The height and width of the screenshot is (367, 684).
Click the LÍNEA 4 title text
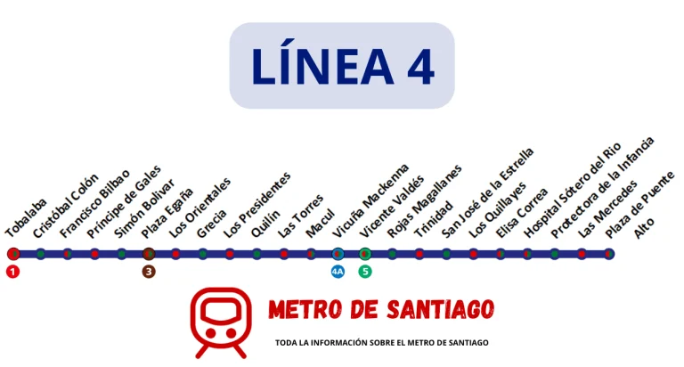pos(342,66)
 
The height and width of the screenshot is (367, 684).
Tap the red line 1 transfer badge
pos(12,272)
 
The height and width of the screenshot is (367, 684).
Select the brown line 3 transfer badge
pos(149,272)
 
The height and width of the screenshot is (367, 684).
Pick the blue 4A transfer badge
pos(338,272)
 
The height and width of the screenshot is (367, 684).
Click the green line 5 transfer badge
pos(365,272)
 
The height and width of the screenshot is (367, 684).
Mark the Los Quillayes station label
pos(500,209)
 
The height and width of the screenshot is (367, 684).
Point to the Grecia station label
pos(212,222)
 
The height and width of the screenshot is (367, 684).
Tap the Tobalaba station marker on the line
pos(13,254)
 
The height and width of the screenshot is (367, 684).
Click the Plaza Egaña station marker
pos(149,254)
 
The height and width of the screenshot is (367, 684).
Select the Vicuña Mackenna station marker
pos(338,254)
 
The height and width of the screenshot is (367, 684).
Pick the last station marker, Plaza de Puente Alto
pos(608,254)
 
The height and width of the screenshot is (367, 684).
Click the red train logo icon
pos(220,322)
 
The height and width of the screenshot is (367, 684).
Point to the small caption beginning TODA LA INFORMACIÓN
pos(382,343)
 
